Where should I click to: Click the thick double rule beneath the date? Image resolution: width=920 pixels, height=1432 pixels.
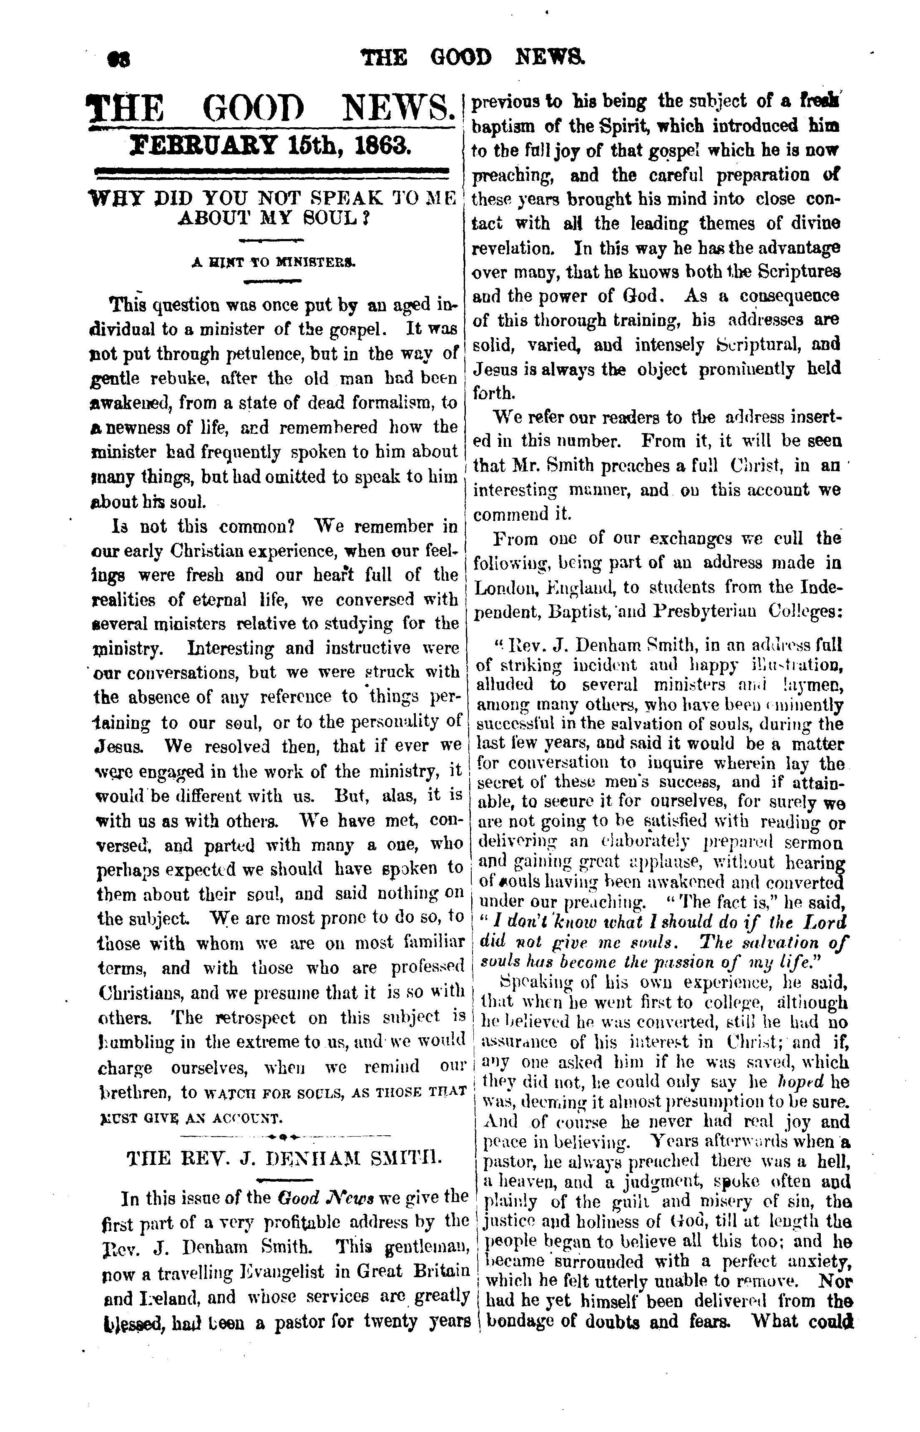point(272,173)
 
